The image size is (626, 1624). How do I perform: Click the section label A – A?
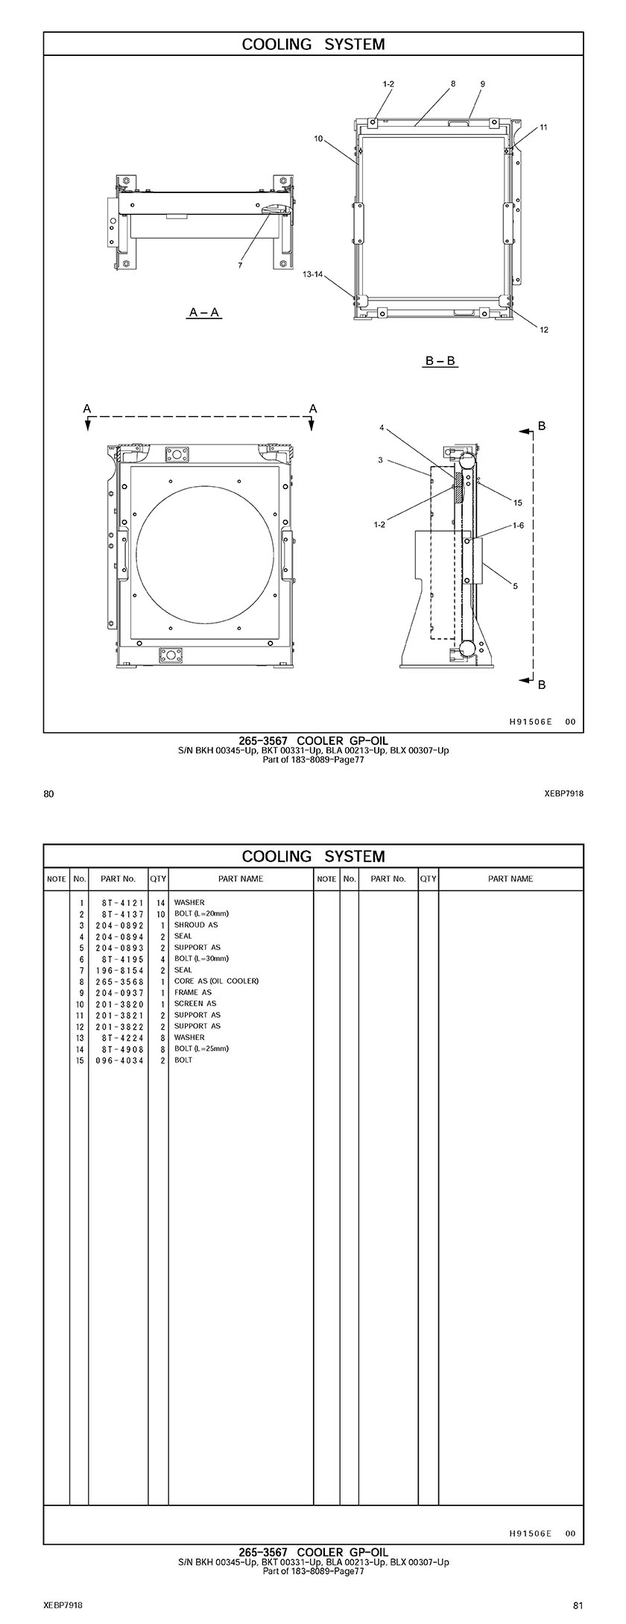click(x=205, y=312)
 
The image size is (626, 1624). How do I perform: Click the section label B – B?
click(x=441, y=362)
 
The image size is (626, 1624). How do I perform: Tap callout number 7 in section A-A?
click(x=240, y=265)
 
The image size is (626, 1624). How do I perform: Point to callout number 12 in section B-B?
click(x=544, y=330)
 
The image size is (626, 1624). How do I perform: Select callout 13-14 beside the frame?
click(x=313, y=274)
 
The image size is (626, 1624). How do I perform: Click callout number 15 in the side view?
click(x=518, y=503)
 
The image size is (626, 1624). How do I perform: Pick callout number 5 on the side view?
click(x=515, y=586)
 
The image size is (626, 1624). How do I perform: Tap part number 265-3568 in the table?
click(x=123, y=981)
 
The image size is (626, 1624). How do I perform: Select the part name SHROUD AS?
click(x=196, y=925)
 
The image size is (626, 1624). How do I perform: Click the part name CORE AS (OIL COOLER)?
click(x=216, y=981)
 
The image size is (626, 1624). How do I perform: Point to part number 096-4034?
click(x=123, y=1060)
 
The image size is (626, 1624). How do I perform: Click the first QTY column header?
click(x=158, y=878)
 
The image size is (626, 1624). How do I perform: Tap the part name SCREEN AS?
click(x=195, y=1004)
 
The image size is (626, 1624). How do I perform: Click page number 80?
click(x=48, y=794)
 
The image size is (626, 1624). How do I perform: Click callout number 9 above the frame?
click(x=482, y=84)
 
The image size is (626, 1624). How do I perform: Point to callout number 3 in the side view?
click(x=380, y=460)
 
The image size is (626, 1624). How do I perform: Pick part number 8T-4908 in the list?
click(x=123, y=1048)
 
